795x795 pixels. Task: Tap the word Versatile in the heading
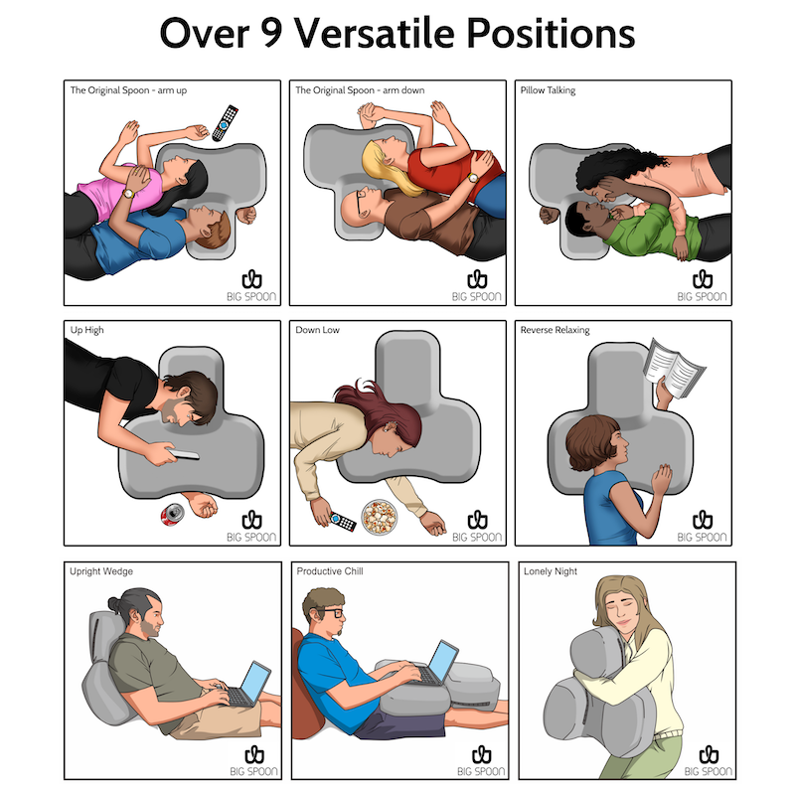375,33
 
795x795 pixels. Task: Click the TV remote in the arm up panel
226,122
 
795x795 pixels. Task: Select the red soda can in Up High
172,515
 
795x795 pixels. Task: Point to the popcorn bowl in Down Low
380,517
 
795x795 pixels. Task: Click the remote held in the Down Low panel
343,522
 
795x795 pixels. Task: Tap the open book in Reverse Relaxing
674,368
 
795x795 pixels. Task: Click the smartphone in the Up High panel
183,454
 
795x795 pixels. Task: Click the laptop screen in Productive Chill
443,661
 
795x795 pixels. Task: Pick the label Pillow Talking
548,90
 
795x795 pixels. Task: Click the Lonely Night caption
551,571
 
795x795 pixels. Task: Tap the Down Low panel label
317,330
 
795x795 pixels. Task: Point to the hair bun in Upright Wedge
114,604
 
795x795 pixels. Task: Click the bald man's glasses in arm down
361,201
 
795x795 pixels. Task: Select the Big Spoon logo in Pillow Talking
703,286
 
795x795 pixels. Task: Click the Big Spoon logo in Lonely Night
709,761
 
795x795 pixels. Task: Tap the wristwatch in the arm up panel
128,193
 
